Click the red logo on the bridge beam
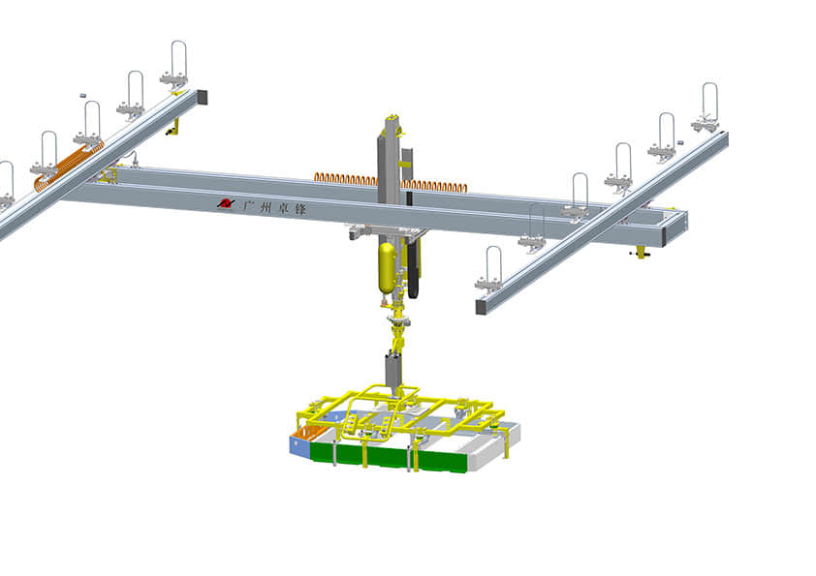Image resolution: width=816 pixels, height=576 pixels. point(226,203)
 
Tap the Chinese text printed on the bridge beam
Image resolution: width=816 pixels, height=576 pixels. point(275,208)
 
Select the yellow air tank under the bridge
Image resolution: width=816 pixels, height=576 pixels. point(387,268)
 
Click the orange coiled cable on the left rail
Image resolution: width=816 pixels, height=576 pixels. point(69,163)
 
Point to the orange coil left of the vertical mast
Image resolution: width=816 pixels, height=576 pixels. point(346,179)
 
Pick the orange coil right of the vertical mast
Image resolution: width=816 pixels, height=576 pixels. point(434,186)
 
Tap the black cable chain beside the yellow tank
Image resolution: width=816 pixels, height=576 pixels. point(414,269)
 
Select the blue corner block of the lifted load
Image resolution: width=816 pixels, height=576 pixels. point(299,446)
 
